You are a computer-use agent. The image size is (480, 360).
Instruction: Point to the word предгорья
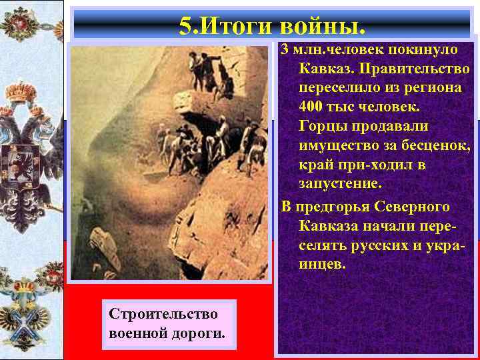coord(330,207)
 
